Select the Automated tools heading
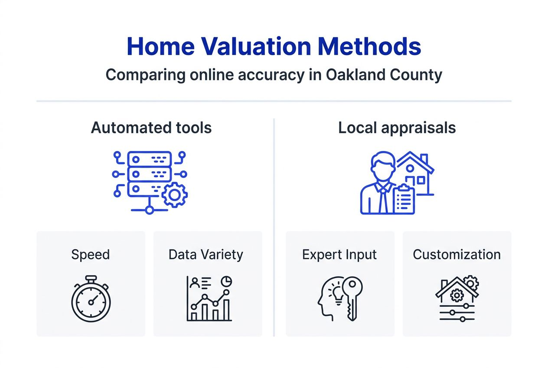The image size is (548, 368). [x=151, y=128]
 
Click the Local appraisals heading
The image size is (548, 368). [x=397, y=128]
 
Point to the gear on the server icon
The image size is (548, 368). [x=175, y=195]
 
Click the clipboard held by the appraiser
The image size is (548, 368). [x=404, y=200]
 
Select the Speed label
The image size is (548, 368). [x=90, y=254]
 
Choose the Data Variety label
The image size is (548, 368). [x=205, y=254]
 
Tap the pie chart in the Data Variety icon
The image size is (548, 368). [x=226, y=281]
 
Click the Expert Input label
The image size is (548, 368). [x=339, y=254]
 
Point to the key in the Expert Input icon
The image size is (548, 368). [x=352, y=295]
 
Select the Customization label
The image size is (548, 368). [x=457, y=254]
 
